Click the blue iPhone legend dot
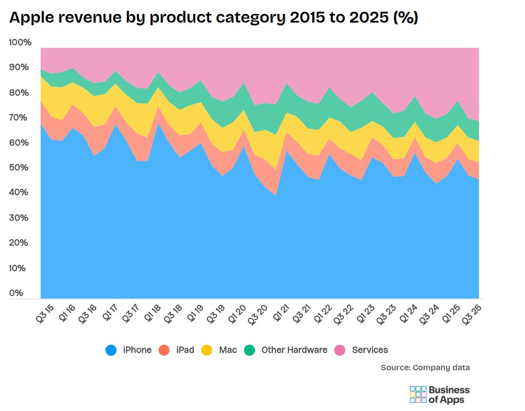111,350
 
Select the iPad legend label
185,350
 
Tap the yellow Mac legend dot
206,350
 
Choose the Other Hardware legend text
294,350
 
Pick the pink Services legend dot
340,350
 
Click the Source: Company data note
425,368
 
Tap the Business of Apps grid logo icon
418,394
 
